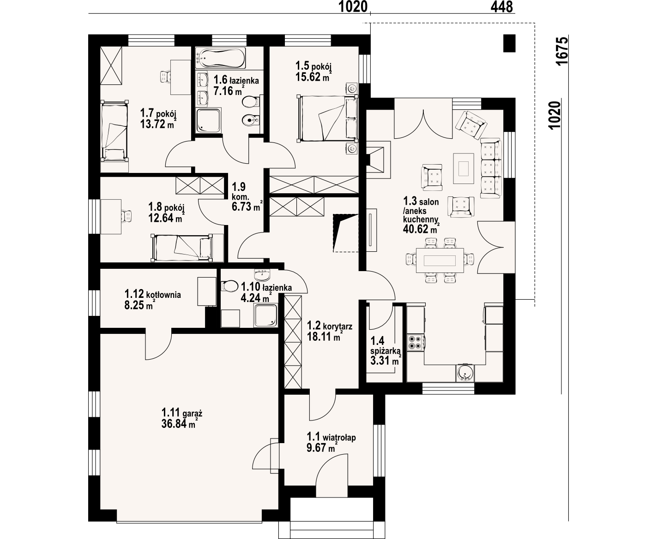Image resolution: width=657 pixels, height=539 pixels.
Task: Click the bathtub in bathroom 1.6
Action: (220, 58)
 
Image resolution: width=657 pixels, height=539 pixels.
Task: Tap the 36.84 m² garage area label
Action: (179, 424)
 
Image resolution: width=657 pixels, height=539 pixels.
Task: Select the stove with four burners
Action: (416, 342)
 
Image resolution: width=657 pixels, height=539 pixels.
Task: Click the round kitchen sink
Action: (465, 373)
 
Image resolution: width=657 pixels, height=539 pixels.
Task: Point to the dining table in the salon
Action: (440, 260)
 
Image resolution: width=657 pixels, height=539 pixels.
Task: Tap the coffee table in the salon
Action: (464, 168)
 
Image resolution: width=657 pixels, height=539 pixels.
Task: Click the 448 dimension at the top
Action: (501, 7)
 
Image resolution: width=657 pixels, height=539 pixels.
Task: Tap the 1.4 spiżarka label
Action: (385, 345)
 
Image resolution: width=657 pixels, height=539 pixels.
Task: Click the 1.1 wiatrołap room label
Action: (331, 437)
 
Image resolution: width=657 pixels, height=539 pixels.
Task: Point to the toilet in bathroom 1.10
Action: (229, 286)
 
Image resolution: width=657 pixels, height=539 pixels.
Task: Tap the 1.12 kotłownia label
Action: (153, 294)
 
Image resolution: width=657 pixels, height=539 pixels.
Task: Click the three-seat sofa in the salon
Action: (491, 168)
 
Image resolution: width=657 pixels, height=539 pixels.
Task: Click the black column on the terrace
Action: (509, 43)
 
